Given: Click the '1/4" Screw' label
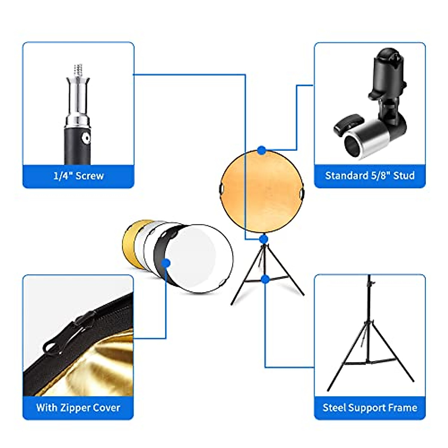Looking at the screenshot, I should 78,176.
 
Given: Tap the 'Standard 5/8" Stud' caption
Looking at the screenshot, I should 370,175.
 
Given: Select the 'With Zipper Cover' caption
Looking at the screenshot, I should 78,407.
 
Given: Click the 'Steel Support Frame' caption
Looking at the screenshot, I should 370,407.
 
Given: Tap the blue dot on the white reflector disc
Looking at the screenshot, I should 167,264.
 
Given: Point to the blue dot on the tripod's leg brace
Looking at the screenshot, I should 265,279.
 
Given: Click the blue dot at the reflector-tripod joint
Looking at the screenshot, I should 264,239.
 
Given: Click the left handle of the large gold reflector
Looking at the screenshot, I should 221,189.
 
